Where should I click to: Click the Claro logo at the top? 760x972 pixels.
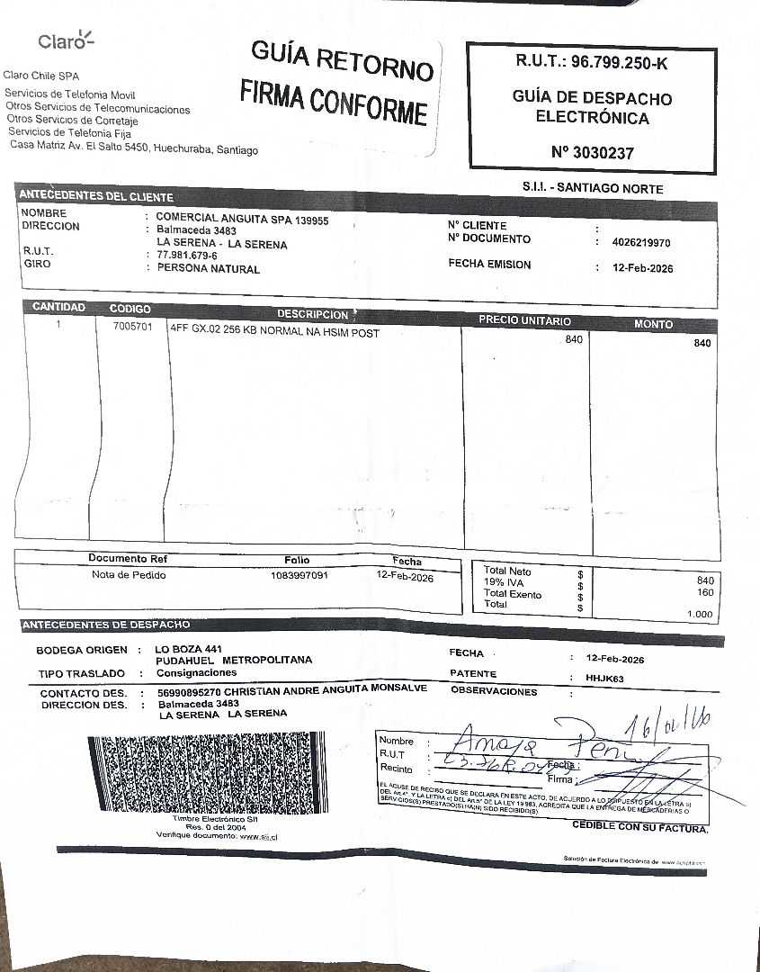pos(66,41)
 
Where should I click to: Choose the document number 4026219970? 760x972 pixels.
pos(640,243)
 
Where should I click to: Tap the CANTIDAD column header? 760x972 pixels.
pos(58,308)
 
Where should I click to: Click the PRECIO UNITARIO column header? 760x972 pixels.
pos(523,320)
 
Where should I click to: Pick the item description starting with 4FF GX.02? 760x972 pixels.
pos(274,333)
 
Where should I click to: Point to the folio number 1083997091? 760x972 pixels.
pos(299,575)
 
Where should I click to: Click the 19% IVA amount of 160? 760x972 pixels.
pos(704,592)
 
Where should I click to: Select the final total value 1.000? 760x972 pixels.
pos(699,614)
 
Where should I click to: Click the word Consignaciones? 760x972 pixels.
pos(197,672)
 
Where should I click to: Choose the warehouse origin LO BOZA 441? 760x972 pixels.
pos(188,649)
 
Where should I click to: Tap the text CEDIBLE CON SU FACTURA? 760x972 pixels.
pos(639,826)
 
